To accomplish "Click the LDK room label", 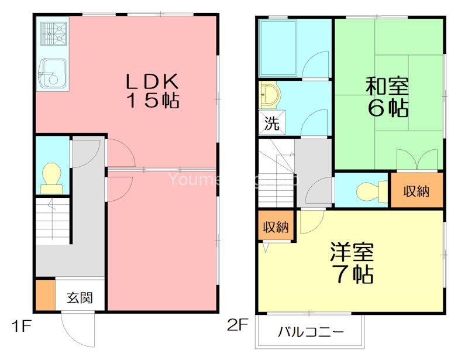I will (x=153, y=81).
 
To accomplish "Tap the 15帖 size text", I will (x=153, y=101).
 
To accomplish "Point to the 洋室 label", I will (x=352, y=253).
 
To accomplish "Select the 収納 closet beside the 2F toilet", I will (x=417, y=191).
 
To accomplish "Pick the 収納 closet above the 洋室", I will (x=275, y=227).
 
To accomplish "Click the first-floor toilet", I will (x=51, y=177).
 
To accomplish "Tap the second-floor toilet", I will (x=369, y=191).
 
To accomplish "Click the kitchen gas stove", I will (x=53, y=33).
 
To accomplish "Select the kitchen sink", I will (x=51, y=74).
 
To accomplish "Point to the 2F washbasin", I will (x=270, y=95).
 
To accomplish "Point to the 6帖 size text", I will (x=387, y=108).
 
